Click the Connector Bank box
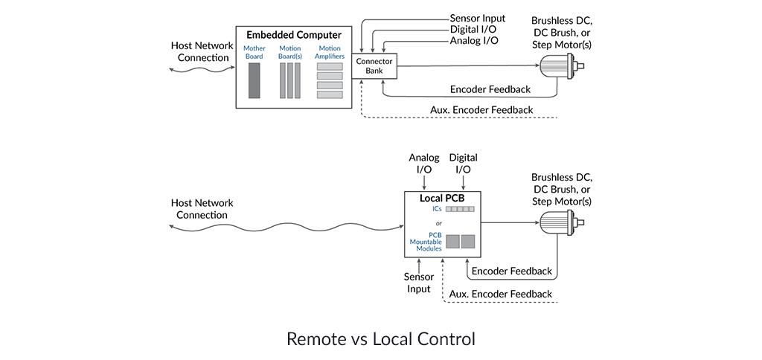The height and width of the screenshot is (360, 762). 374,66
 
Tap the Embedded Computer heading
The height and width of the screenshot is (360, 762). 294,35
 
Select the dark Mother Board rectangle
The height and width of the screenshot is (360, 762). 254,80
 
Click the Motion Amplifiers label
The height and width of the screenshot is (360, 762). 330,52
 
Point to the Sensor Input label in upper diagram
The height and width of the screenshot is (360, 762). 477,18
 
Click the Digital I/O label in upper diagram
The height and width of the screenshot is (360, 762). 473,29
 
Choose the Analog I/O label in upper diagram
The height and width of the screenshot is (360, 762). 474,40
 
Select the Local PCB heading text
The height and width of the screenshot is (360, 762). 443,199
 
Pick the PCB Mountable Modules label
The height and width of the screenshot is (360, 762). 426,242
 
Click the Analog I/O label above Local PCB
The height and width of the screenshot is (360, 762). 424,164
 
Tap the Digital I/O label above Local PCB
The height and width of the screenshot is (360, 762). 463,164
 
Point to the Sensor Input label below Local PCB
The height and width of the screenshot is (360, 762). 419,283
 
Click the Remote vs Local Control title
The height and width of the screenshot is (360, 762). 380,339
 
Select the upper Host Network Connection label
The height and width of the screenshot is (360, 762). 202,51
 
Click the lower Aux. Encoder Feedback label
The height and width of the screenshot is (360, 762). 501,294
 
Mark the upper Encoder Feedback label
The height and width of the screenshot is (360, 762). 490,89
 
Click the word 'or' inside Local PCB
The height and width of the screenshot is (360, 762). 439,223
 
